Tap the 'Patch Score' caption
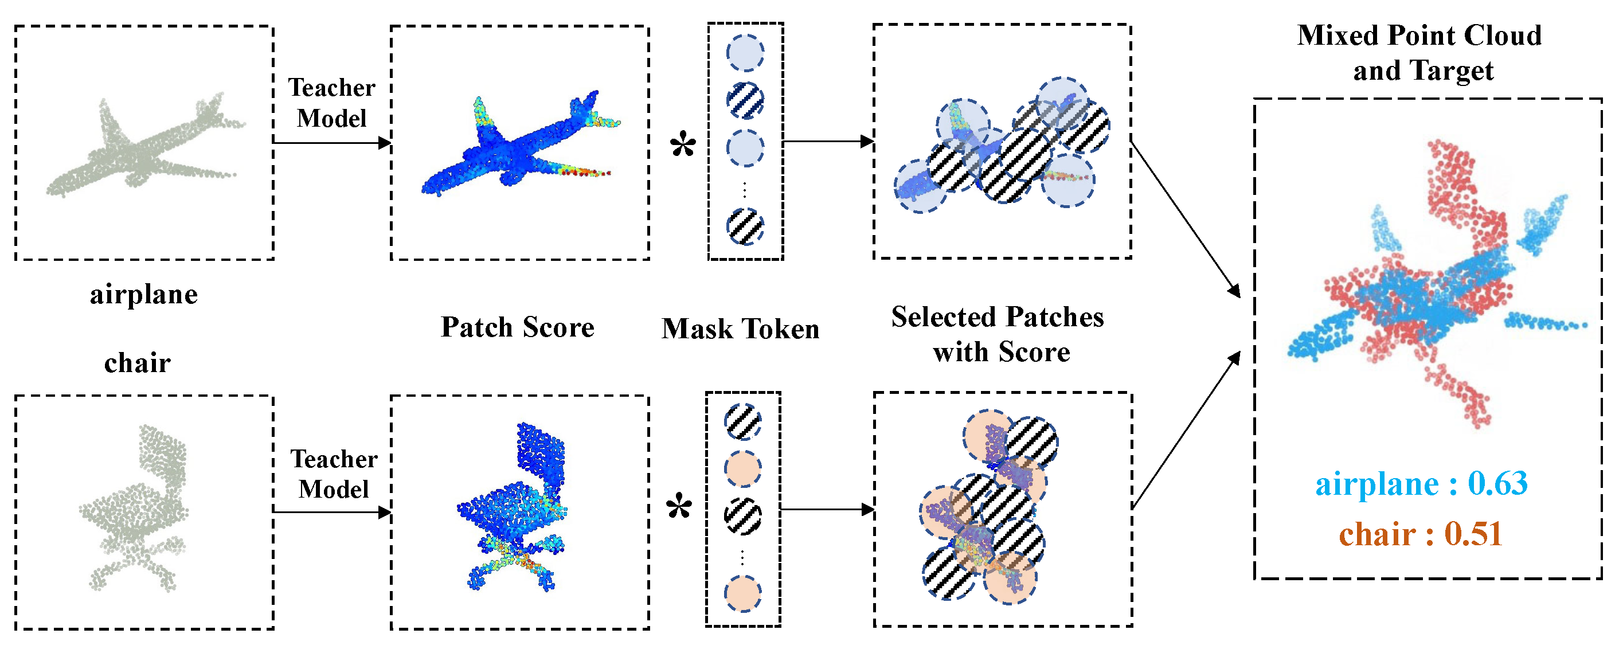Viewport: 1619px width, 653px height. tap(517, 327)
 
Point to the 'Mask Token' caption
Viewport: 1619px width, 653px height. tap(740, 329)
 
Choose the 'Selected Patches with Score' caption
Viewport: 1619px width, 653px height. tap(999, 334)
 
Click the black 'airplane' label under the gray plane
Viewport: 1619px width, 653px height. tap(144, 294)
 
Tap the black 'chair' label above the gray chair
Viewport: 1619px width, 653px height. tap(138, 363)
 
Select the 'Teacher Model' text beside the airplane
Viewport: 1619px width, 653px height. tap(332, 103)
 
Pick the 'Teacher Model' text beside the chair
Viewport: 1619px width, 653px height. tap(334, 474)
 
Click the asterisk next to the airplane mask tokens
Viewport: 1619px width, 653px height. tap(683, 146)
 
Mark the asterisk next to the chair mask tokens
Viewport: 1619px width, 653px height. tap(679, 507)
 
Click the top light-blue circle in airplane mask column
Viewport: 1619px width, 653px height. tap(745, 53)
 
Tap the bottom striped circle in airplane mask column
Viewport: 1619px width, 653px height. tap(745, 227)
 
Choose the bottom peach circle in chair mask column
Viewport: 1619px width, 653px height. tap(743, 593)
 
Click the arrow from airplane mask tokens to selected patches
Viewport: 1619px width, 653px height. tap(828, 142)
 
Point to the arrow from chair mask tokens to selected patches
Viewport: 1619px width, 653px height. tap(827, 509)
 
